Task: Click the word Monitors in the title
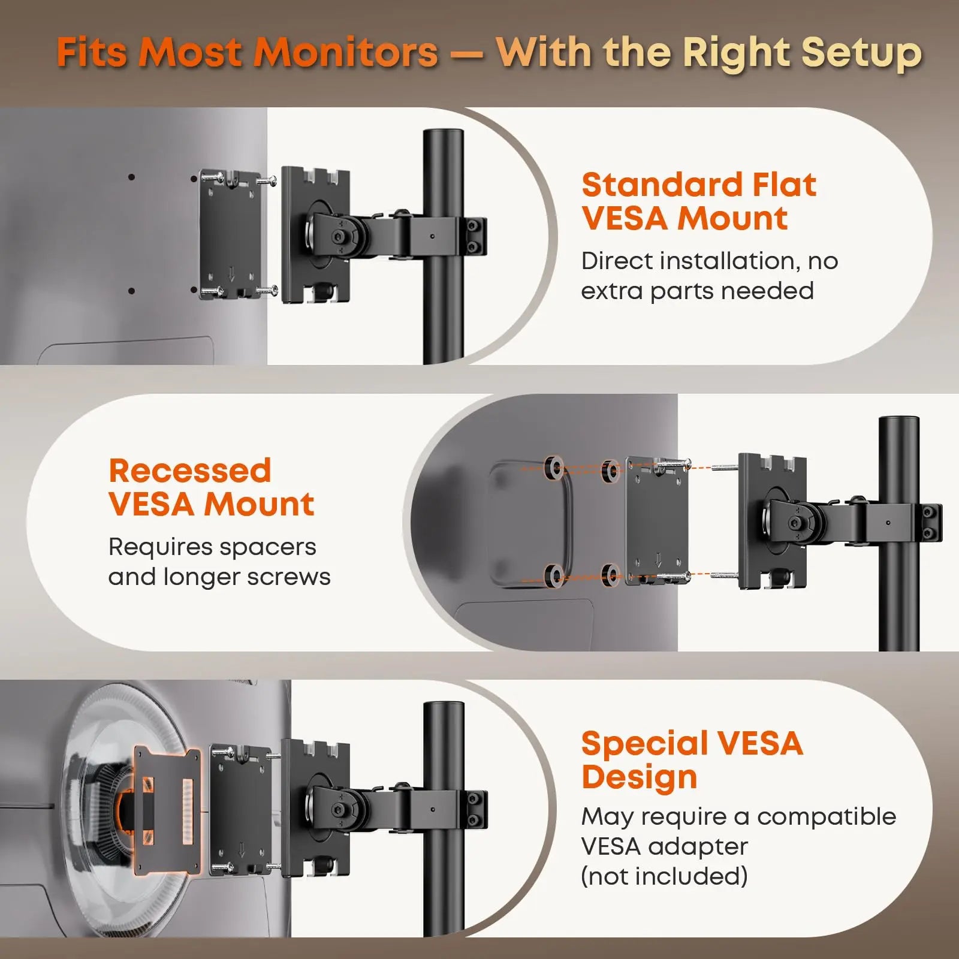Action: (x=345, y=52)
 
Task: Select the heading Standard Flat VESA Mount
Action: (x=699, y=201)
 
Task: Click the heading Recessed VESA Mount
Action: (x=211, y=487)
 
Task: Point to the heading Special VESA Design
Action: (x=692, y=760)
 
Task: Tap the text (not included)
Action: (x=664, y=876)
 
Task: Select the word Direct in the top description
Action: (x=617, y=261)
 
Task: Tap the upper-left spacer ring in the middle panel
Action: (x=554, y=468)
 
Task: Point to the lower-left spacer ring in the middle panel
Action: (x=555, y=576)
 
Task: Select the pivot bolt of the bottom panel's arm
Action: (x=339, y=810)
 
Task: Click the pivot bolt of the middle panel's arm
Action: (x=795, y=523)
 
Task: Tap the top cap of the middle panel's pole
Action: (x=898, y=421)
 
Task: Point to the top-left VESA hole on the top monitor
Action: (x=131, y=177)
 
